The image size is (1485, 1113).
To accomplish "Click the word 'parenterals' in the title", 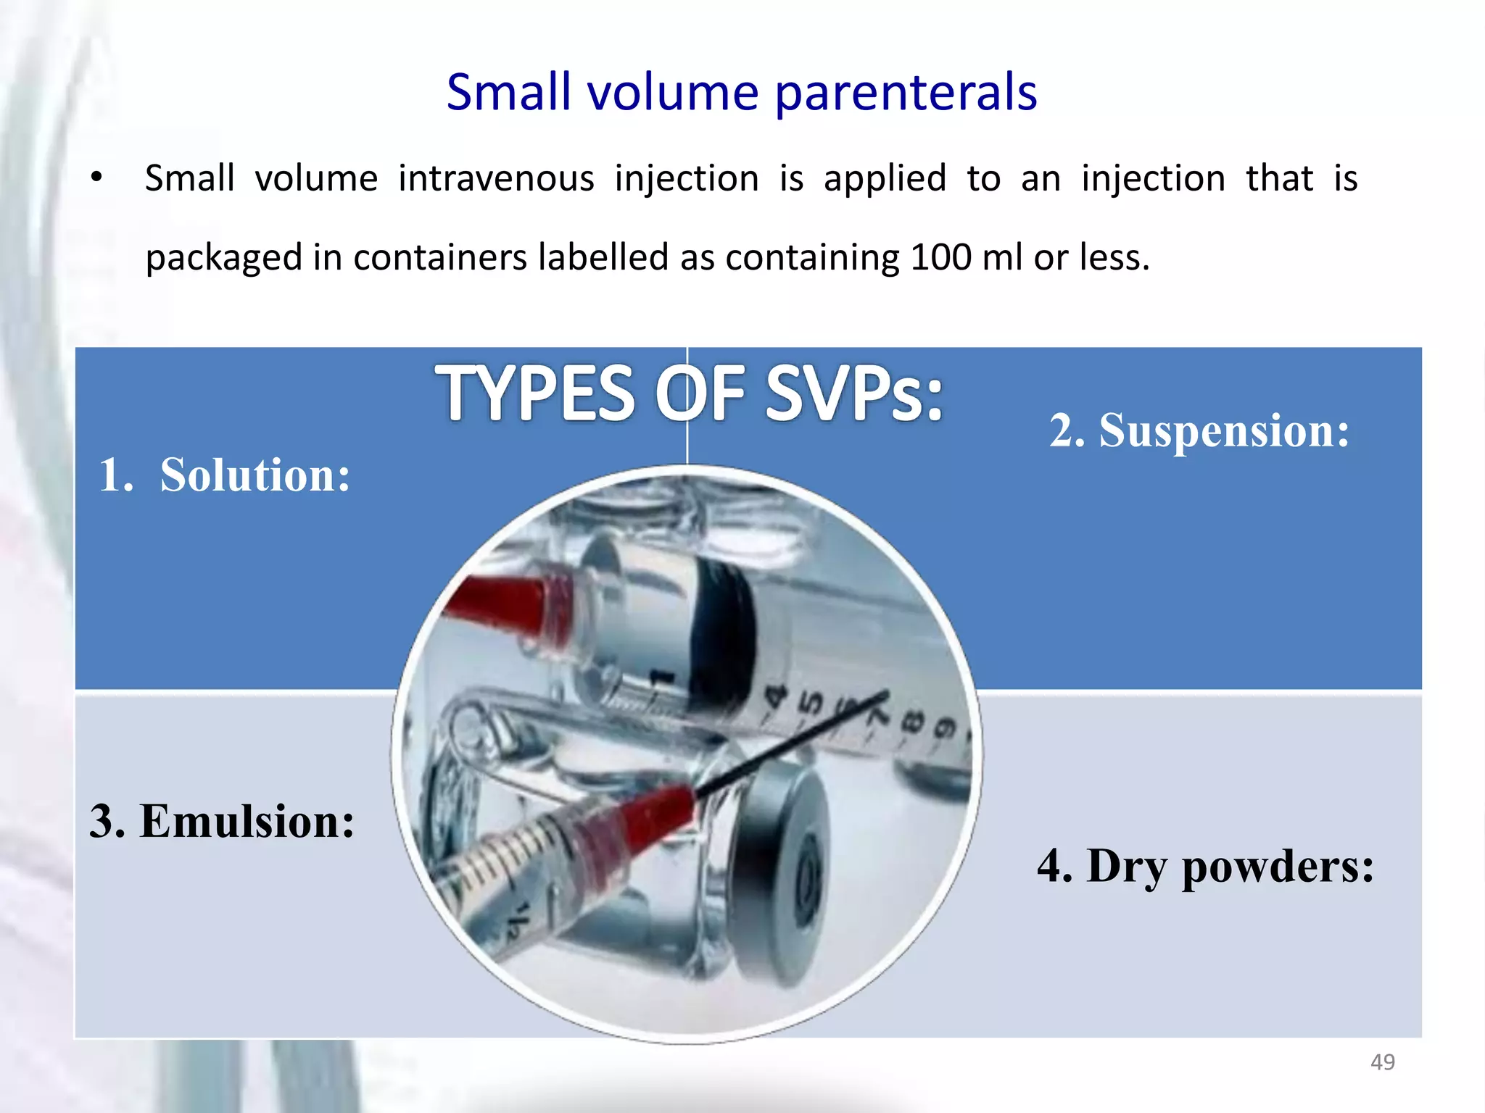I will point(906,93).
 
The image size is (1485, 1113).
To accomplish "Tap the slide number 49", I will point(1382,1062).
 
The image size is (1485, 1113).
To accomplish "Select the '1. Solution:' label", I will point(224,475).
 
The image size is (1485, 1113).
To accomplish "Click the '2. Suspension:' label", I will point(1199,430).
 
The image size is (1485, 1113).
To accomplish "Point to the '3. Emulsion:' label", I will point(222,821).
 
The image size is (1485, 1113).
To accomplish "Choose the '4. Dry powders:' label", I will point(1204,866).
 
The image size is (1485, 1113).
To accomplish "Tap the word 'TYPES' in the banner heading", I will point(535,393).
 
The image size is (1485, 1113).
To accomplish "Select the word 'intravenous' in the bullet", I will point(496,178).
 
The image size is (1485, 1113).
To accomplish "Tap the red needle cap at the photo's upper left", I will point(500,601).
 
